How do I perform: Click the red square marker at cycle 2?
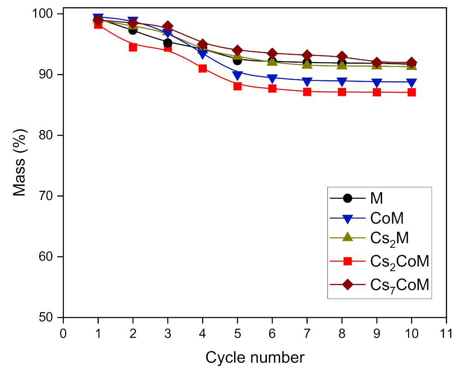(133, 47)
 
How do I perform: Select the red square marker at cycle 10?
(412, 92)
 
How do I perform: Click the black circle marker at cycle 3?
(168, 43)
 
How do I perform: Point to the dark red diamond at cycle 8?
(342, 57)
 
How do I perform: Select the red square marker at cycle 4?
(203, 69)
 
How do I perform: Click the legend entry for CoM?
(387, 219)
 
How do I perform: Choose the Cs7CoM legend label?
(399, 285)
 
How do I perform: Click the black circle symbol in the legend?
(347, 198)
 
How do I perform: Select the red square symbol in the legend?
(347, 261)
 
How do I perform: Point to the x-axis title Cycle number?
(255, 357)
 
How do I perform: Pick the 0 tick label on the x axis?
(63, 334)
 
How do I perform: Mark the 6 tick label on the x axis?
(272, 334)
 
